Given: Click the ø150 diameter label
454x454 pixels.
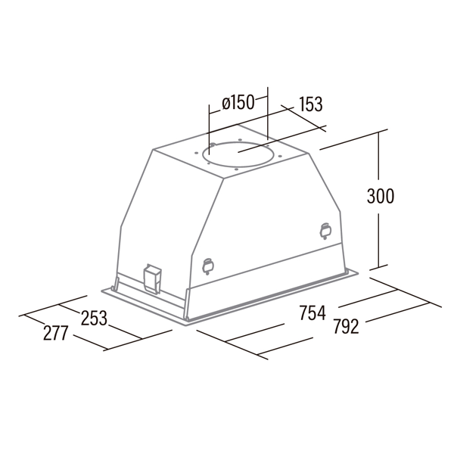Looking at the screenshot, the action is point(238,103).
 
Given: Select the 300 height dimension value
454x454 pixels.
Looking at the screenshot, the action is point(381,196).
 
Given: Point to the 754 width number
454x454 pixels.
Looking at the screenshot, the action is point(313,313).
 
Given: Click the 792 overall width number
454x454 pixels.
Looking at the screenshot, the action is point(346,326).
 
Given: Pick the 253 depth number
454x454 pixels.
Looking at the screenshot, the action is point(94,318).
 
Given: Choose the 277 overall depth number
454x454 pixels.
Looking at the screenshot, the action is point(55,333).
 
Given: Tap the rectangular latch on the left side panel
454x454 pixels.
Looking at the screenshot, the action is point(152,278).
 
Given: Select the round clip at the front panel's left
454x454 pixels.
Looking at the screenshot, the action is point(208,266).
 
